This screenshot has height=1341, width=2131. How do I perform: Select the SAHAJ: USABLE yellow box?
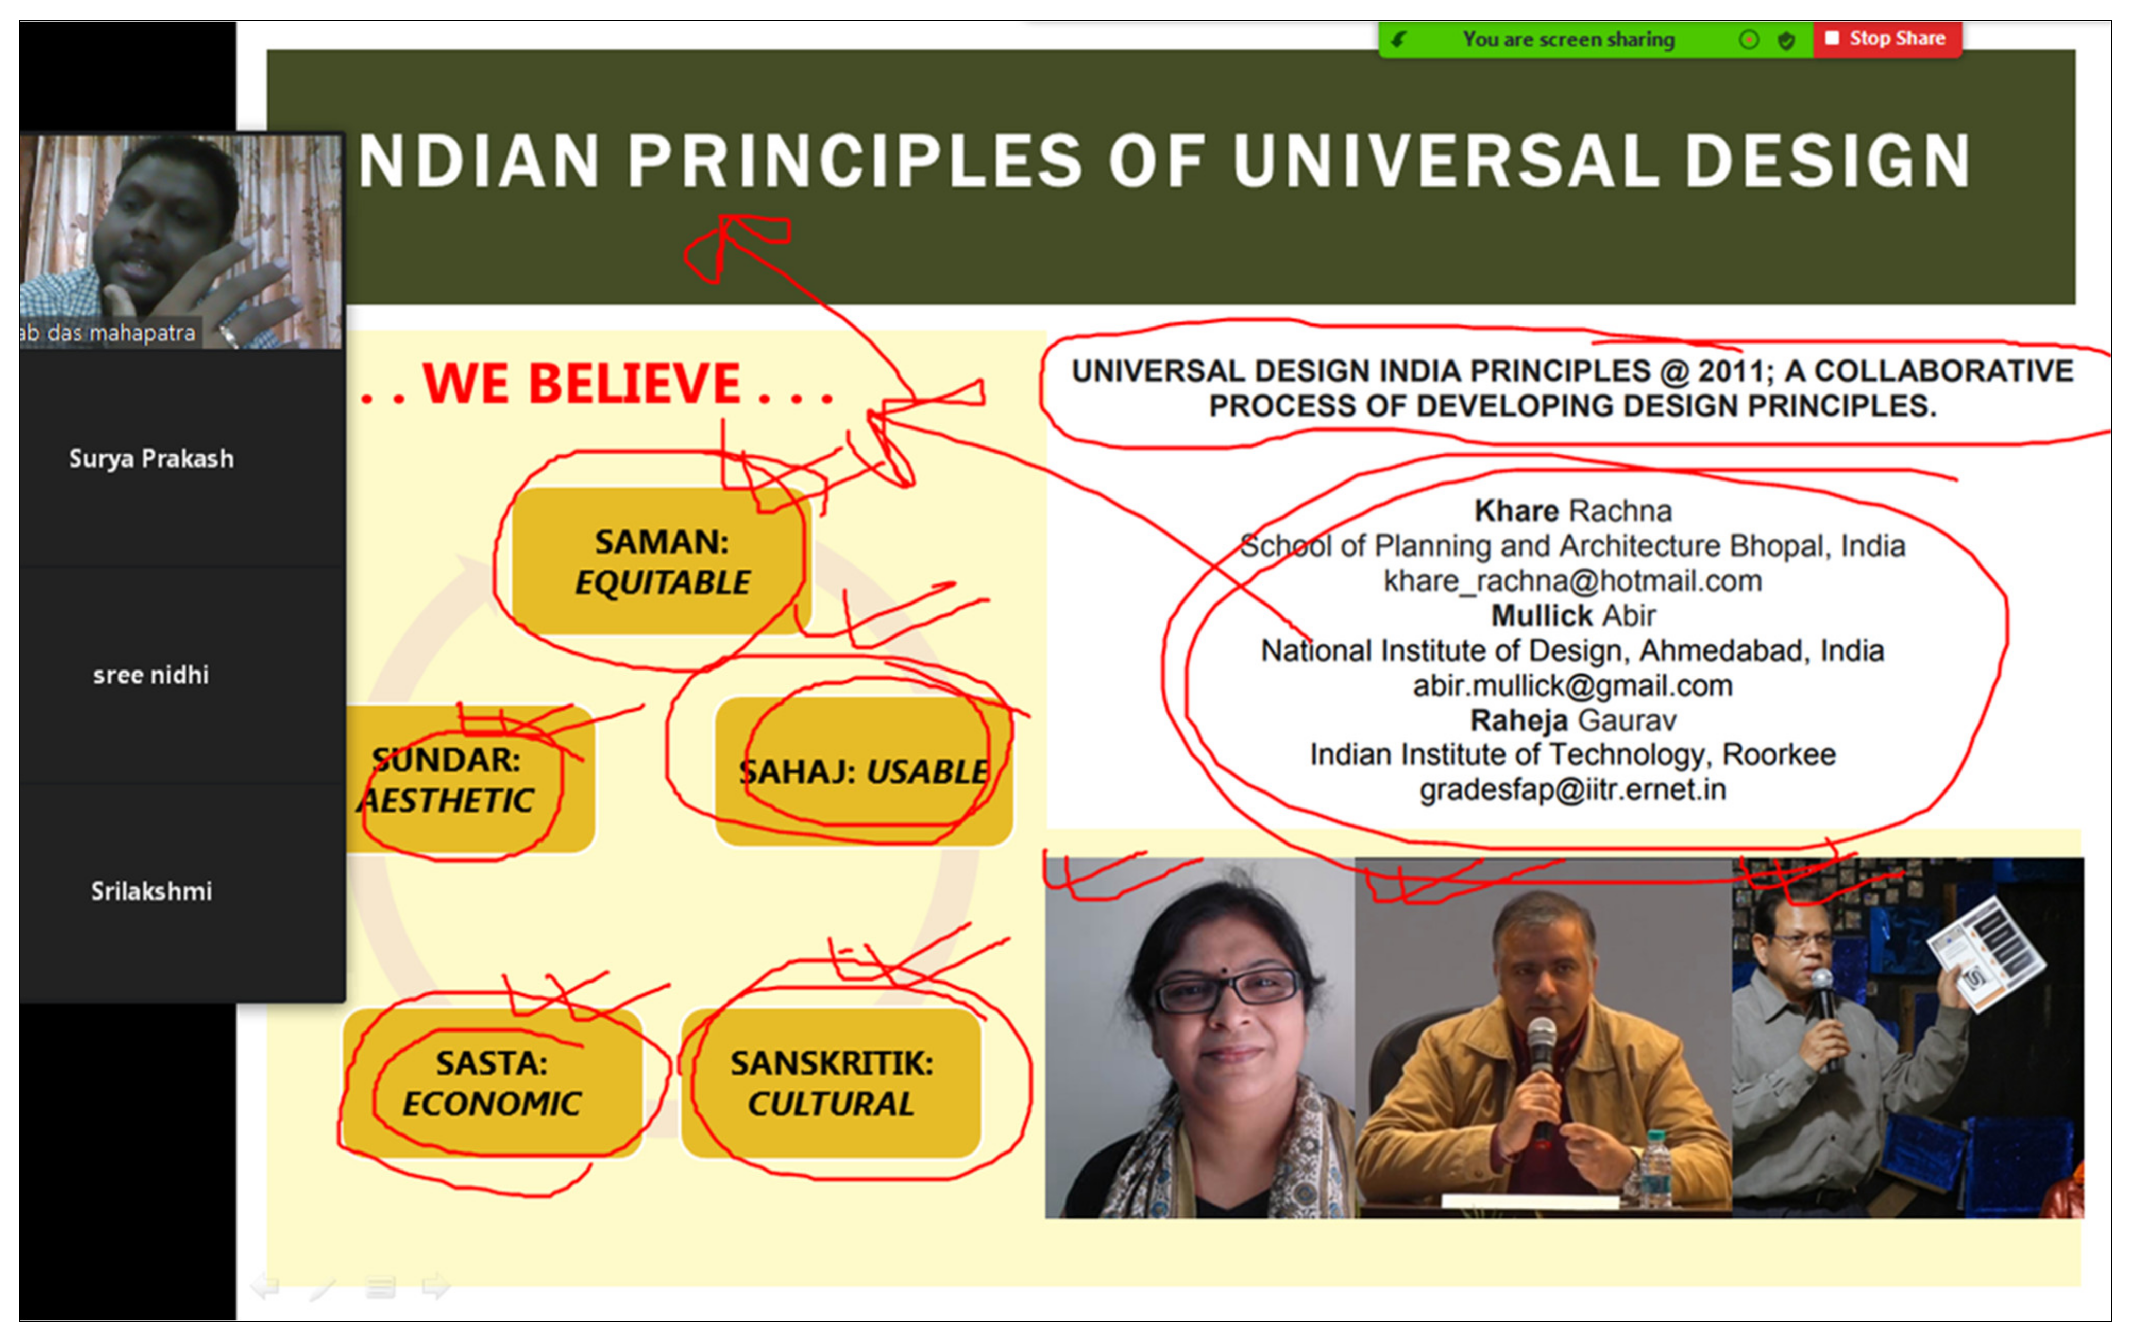click(864, 771)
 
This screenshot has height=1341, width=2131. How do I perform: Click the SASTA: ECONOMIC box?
click(492, 1082)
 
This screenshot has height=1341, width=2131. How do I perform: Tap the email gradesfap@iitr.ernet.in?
click(1572, 789)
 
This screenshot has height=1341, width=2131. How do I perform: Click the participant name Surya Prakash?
click(151, 458)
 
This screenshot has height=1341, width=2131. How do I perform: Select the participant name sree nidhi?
click(151, 675)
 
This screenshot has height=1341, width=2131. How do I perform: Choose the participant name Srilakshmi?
click(151, 891)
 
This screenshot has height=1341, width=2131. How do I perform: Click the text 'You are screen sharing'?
click(1568, 39)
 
